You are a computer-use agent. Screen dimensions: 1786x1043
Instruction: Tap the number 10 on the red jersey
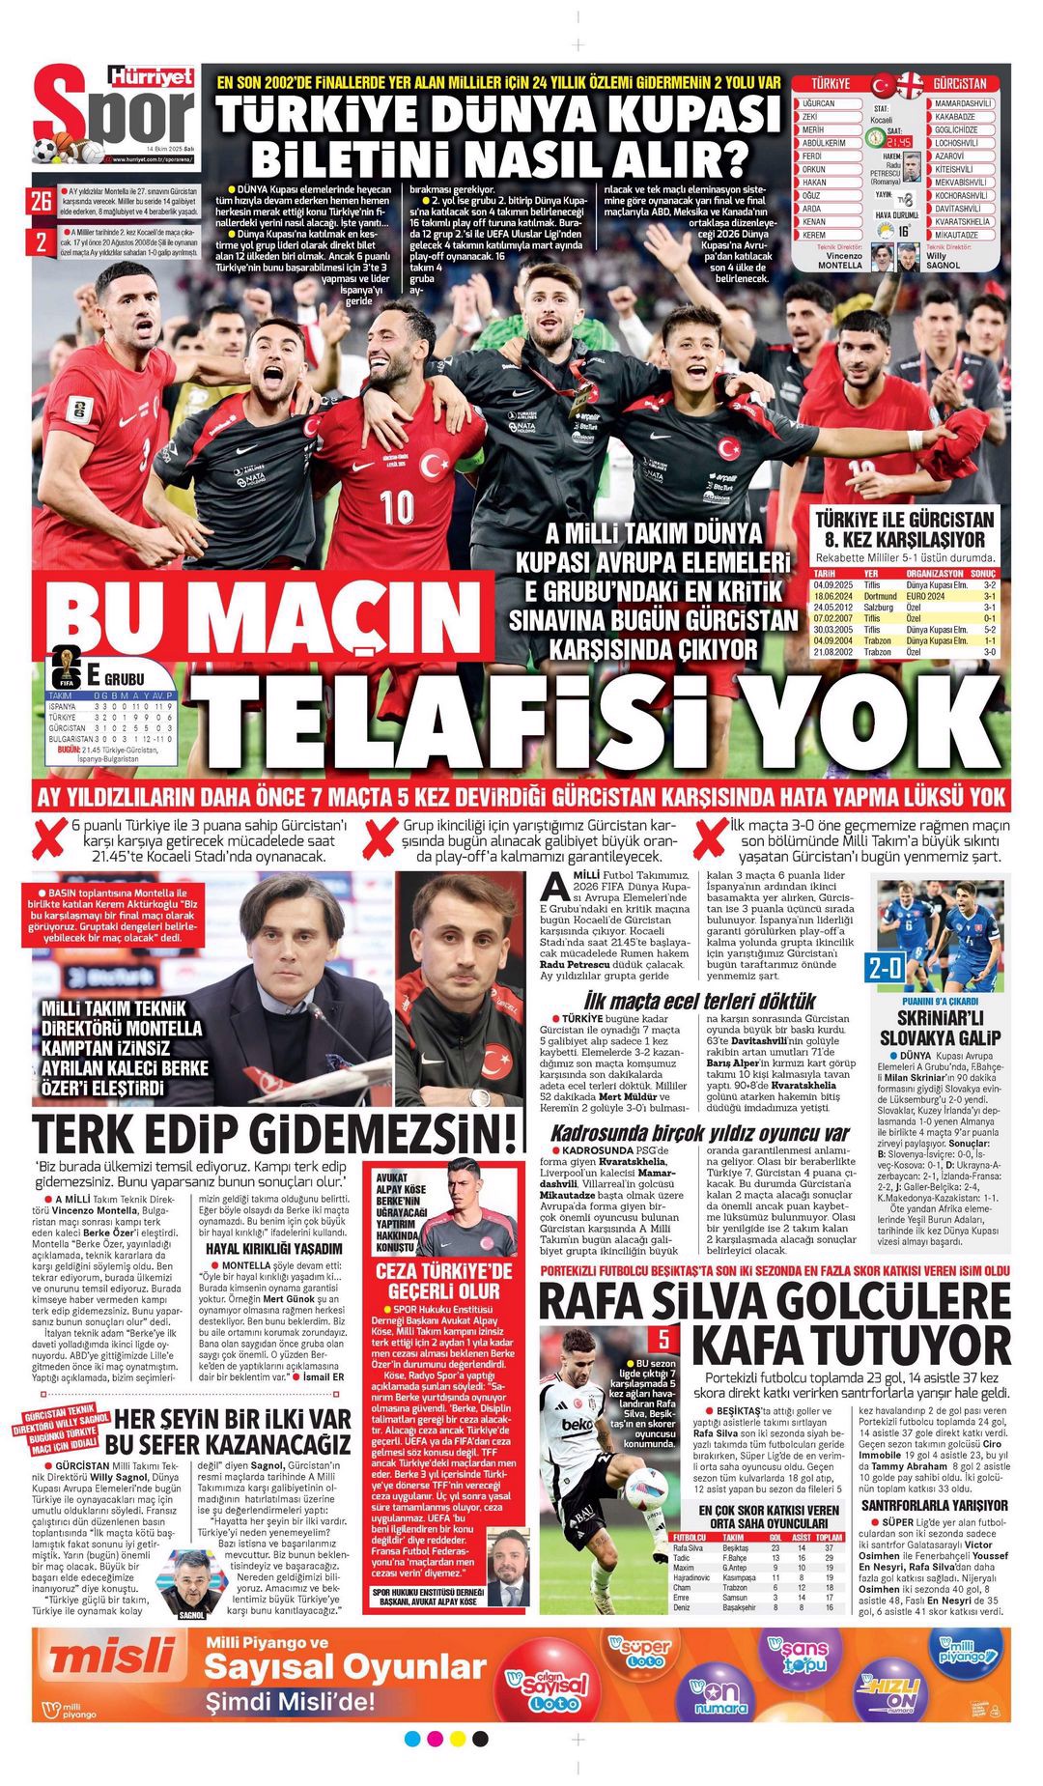coord(396,506)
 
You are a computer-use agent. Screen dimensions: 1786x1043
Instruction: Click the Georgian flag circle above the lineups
coord(910,84)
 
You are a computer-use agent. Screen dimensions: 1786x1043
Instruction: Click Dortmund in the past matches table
coord(881,597)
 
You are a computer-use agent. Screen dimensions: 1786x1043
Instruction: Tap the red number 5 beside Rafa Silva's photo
coord(663,1340)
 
